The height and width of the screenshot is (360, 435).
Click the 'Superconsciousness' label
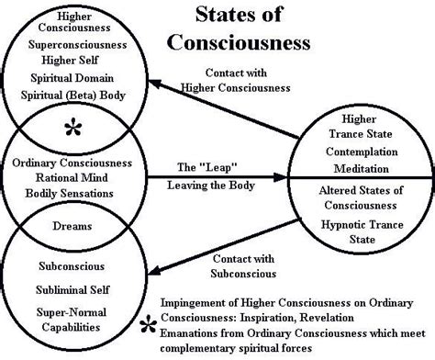click(x=69, y=44)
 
